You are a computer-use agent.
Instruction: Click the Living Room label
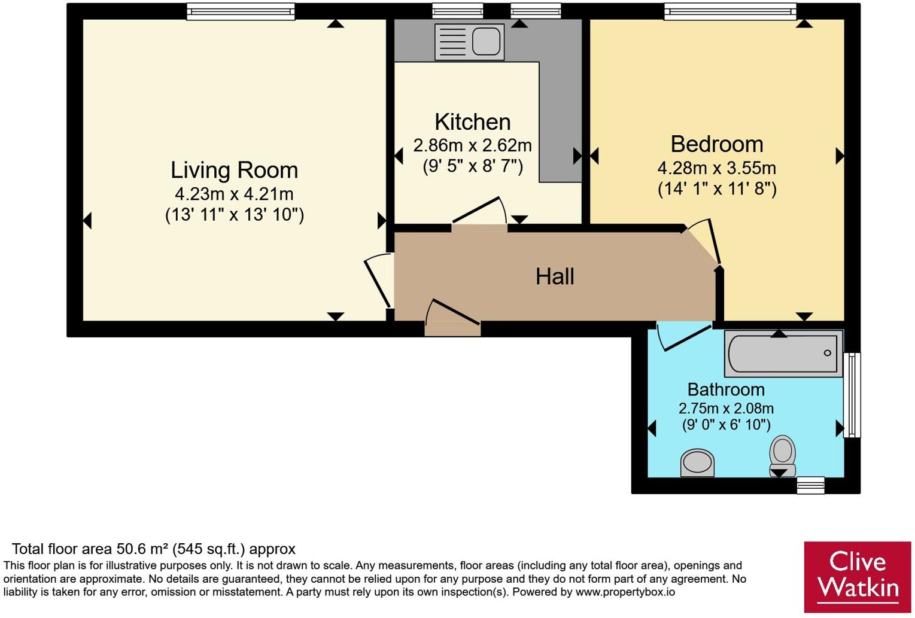click(234, 171)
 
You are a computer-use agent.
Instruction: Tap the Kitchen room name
click(473, 121)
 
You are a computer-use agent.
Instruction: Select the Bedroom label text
click(717, 144)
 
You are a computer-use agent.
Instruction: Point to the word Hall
click(555, 276)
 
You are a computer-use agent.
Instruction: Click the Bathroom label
click(726, 389)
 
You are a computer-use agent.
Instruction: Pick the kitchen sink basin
click(486, 42)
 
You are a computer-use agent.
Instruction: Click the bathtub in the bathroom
click(783, 354)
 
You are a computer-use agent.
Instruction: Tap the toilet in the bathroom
click(782, 456)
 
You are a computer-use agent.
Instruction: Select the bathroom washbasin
click(697, 463)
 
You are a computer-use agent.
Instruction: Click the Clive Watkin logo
click(858, 577)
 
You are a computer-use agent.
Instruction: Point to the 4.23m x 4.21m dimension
click(234, 194)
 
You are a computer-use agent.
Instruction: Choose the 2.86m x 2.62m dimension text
click(473, 145)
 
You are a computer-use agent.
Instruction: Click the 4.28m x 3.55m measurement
click(717, 168)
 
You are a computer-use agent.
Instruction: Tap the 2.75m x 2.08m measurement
click(726, 408)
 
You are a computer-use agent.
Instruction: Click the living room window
click(241, 11)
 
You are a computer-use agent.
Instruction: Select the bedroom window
click(730, 11)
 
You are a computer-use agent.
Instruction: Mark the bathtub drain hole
click(827, 353)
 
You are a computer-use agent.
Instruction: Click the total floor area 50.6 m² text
click(153, 549)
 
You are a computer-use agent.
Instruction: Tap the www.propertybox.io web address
click(625, 592)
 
